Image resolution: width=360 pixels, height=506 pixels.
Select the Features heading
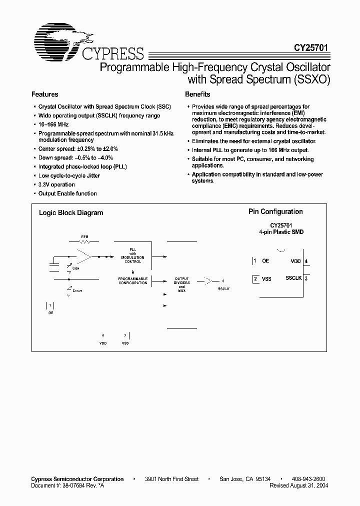45,94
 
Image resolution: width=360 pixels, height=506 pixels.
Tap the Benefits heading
197,94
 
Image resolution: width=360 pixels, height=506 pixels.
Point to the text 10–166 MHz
53,124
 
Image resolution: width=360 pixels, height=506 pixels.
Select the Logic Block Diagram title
71,212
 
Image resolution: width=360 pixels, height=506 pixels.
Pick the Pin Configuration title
275,212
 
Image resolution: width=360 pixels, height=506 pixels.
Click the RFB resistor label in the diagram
84,236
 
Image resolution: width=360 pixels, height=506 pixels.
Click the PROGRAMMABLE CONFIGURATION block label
132,280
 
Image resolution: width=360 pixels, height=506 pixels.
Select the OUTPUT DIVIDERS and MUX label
181,285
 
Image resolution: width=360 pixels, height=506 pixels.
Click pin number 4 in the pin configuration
306,261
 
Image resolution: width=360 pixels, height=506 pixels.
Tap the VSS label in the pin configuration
266,279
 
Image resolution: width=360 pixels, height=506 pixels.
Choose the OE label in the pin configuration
265,261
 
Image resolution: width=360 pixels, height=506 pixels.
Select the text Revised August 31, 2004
299,485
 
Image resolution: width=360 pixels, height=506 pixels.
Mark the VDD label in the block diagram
103,343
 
